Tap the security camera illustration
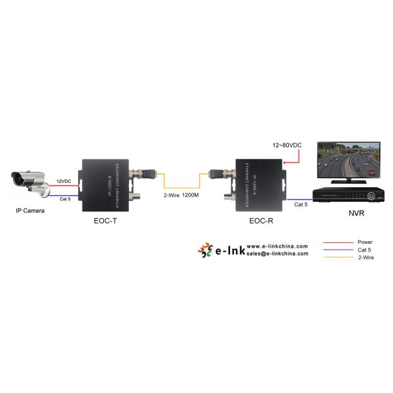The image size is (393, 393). coord(30,182)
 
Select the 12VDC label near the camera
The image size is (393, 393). coord(64,181)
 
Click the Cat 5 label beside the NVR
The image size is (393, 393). coord(301,204)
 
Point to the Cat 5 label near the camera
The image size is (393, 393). coord(65,198)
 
